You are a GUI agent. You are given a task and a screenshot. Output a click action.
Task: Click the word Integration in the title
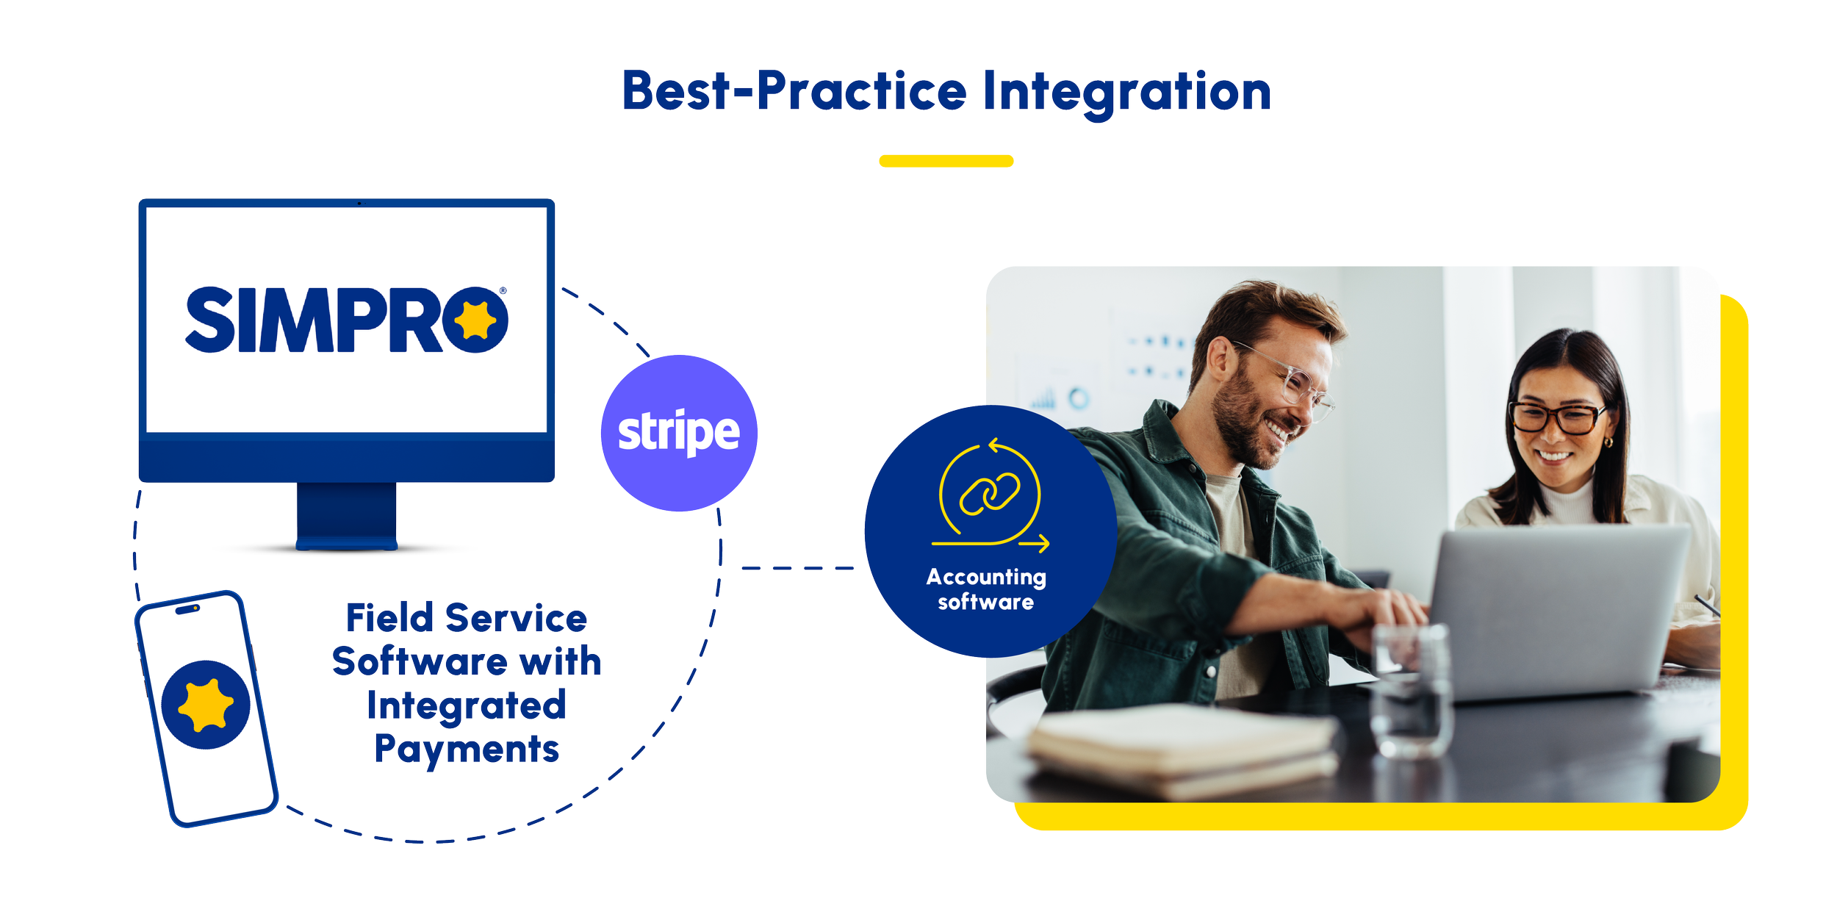(1126, 92)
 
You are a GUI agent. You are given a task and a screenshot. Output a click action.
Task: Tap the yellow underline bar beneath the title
(946, 161)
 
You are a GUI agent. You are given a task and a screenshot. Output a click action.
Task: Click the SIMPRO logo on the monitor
(346, 320)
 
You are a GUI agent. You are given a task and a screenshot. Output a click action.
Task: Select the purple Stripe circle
(679, 433)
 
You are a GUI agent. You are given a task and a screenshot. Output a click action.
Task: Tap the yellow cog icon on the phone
(206, 705)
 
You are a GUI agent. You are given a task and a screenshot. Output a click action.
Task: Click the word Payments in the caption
(467, 750)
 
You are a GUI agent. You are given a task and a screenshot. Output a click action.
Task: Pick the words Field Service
(467, 618)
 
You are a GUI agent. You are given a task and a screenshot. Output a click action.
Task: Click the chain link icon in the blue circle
(990, 494)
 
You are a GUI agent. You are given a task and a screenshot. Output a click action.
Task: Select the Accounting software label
(986, 589)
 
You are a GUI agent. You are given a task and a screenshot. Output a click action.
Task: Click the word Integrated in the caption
(467, 705)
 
